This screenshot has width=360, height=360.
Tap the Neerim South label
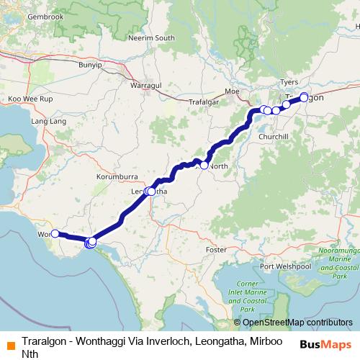coord(152,37)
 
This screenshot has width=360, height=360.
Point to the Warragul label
coord(145,86)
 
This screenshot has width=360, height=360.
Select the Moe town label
coord(232,91)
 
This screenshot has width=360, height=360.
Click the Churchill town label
coord(274,136)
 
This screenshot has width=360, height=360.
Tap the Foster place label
coord(217,249)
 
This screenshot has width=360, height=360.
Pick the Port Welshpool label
coord(286,266)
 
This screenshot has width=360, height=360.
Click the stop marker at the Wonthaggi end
coord(55,234)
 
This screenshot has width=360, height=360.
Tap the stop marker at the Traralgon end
coord(304,96)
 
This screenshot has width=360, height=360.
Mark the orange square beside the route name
coord(8,343)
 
